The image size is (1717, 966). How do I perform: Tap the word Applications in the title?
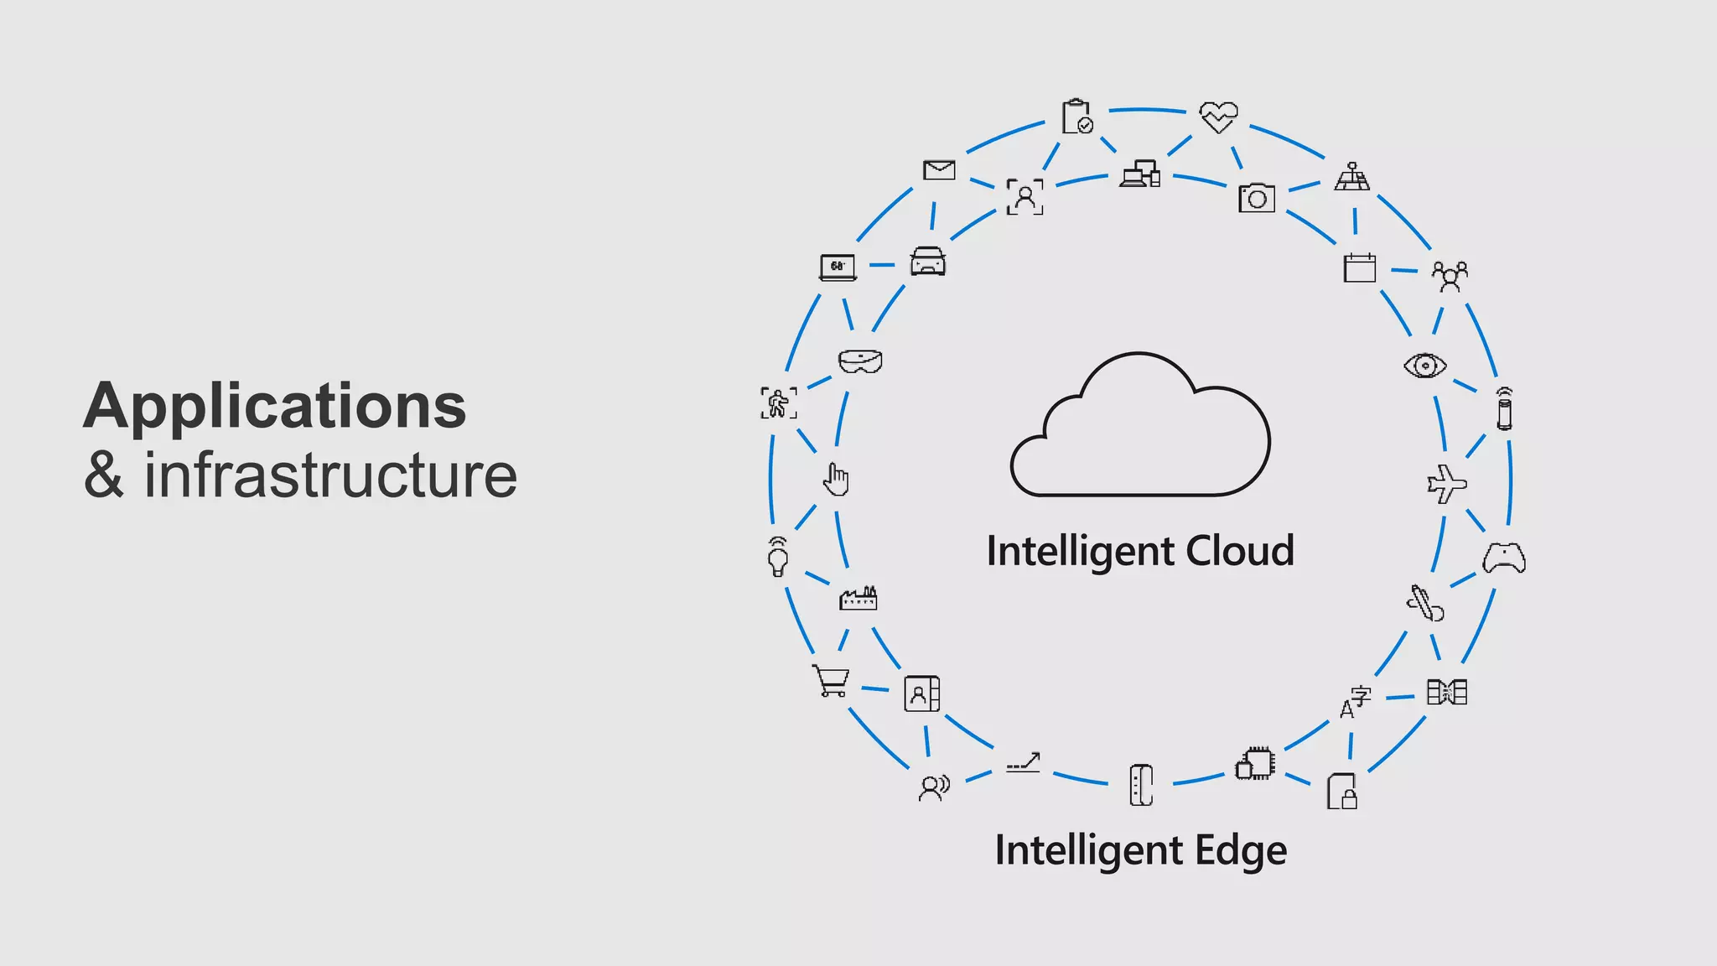274,407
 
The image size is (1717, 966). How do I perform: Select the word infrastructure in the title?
330,475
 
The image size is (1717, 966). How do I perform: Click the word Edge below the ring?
1241,851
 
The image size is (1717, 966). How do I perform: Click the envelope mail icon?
939,170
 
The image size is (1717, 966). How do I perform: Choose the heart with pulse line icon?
1218,117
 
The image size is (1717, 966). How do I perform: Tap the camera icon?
1257,198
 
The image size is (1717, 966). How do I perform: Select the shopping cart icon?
831,680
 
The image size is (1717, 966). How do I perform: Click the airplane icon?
1446,484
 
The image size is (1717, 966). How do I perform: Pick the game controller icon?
1504,558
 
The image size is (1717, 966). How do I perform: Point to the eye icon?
1424,366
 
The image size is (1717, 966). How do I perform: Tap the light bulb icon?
778,557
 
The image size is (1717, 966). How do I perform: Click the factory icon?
858,598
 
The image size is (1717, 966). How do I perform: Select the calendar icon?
1359,267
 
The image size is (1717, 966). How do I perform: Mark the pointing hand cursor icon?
836,480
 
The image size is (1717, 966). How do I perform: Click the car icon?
928,262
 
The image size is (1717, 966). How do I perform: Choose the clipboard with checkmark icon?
1077,117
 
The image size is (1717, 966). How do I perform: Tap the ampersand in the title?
103,475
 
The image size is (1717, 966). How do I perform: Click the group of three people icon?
1450,276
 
